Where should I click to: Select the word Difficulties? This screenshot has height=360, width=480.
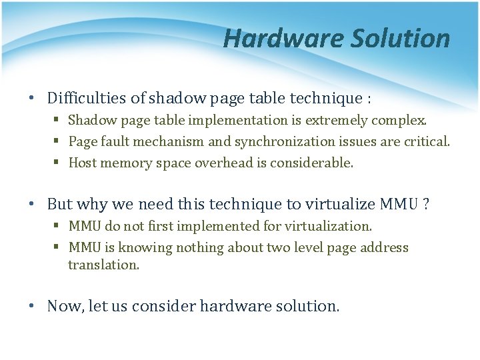coord(87,99)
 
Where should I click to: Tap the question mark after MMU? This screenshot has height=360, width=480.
coord(425,204)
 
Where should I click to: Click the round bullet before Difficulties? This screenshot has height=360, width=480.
coord(32,99)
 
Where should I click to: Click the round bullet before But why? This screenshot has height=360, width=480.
coord(32,205)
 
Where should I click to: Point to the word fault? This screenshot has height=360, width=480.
coord(112,142)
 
